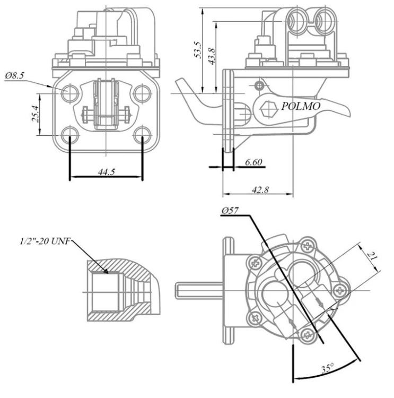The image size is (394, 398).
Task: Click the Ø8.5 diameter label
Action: point(15,76)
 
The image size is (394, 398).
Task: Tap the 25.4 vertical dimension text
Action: point(36,114)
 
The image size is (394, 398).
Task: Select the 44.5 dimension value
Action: point(107,172)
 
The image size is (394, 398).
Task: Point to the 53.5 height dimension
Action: point(198,50)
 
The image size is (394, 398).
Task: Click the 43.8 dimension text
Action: point(212,56)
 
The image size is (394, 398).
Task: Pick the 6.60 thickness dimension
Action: point(253,162)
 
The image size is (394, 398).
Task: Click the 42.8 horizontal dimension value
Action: point(260,189)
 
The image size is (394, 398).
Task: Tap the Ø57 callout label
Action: point(230,211)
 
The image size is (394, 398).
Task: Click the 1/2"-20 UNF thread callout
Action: point(45,241)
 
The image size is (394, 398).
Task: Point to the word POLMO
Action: point(301,106)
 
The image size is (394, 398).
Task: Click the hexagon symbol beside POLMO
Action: point(268,109)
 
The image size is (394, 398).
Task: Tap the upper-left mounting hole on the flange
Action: point(70,93)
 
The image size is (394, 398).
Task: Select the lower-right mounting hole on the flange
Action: point(142,135)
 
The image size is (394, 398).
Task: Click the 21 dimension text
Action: point(371,256)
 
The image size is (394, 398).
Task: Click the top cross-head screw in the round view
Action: point(308,246)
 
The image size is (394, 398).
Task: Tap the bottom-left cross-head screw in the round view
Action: point(255,317)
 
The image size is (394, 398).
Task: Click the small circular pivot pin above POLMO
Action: point(259,86)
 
